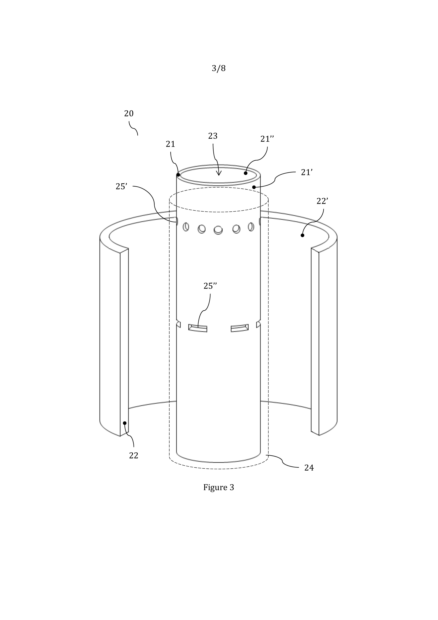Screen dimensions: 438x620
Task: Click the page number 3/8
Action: (x=219, y=68)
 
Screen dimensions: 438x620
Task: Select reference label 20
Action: (x=129, y=113)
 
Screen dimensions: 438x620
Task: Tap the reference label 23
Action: (x=213, y=136)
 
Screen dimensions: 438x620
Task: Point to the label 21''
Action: (x=267, y=139)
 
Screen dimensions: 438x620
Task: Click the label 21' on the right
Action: (x=307, y=172)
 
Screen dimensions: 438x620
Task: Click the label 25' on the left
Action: (x=121, y=186)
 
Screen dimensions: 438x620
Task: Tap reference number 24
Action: (x=309, y=468)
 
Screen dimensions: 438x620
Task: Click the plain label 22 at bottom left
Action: (x=134, y=456)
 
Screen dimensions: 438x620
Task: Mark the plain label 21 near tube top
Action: (x=171, y=144)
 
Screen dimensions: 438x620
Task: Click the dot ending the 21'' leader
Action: (x=246, y=173)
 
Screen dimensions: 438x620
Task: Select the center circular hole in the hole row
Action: (x=218, y=230)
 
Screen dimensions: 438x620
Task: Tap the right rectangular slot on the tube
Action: (x=240, y=328)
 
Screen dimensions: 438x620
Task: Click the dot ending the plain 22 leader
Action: (x=125, y=423)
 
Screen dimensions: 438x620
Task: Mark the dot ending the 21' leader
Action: (x=254, y=187)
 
